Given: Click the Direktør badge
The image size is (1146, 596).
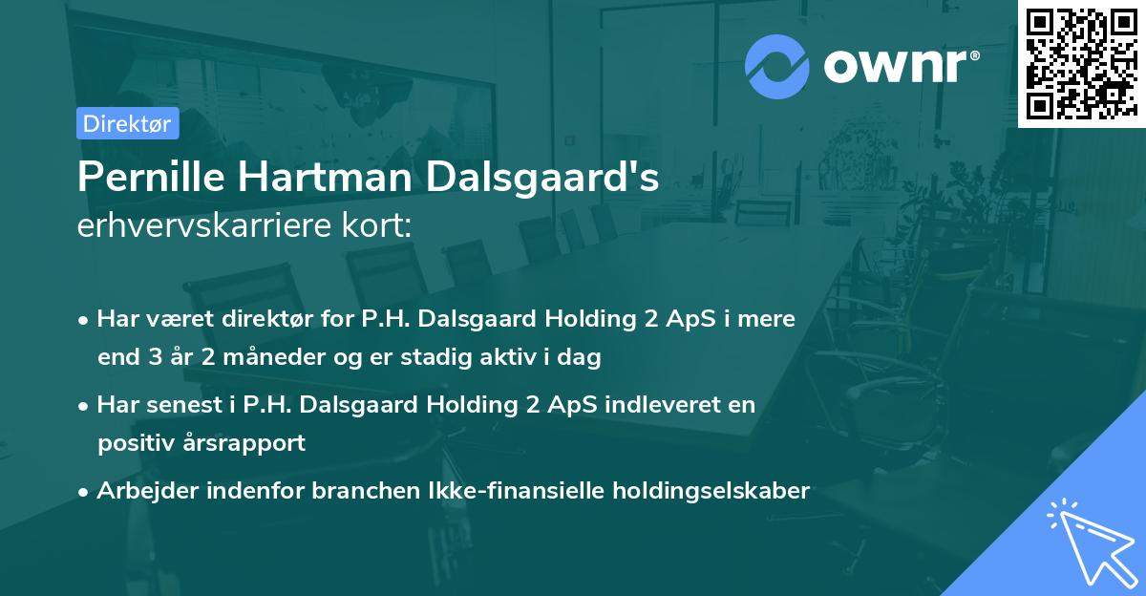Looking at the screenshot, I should (x=127, y=123).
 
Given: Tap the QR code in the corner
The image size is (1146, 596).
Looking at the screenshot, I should (x=1081, y=64).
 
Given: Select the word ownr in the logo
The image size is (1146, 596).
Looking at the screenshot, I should (x=899, y=66).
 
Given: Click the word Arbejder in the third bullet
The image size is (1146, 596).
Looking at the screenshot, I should (x=142, y=491).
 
